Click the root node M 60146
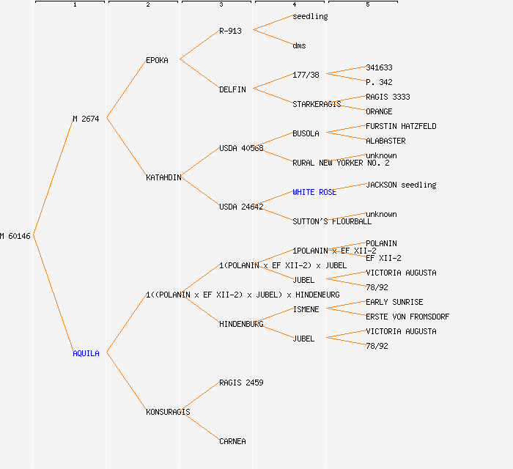[x=15, y=236]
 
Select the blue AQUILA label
[x=86, y=353]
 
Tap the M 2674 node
[x=86, y=119]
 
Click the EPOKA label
[x=157, y=60]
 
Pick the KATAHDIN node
[x=163, y=177]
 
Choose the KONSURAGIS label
[x=168, y=412]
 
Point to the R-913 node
[x=230, y=31]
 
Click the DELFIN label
[x=232, y=89]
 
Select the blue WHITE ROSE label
[x=314, y=192]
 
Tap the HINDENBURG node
[x=241, y=324]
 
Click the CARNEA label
[x=232, y=441]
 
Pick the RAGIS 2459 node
[x=241, y=383]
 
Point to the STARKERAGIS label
[x=317, y=104]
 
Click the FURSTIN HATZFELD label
[x=401, y=126]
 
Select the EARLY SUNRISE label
[x=394, y=302]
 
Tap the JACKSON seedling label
[x=401, y=185]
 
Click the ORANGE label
[x=379, y=111]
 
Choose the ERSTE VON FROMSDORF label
[x=407, y=317]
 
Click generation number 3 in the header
[x=221, y=5]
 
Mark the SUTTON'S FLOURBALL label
[x=332, y=221]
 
